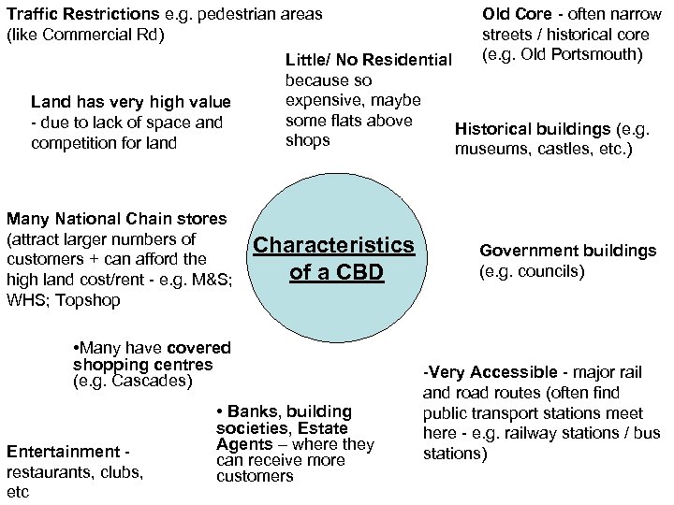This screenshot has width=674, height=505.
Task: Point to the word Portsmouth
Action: point(592,54)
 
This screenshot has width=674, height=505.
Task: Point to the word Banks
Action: point(253,411)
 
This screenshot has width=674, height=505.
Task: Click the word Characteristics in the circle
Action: point(334,245)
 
